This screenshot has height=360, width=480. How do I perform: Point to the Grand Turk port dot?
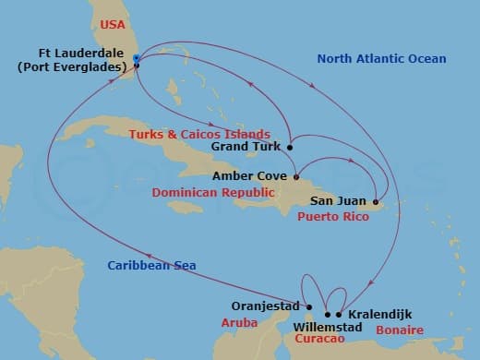(x=290, y=147)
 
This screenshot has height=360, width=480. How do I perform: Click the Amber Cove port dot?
(x=295, y=176)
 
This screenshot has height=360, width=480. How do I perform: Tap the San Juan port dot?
(x=376, y=201)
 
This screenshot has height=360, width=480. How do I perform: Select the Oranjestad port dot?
(x=310, y=307)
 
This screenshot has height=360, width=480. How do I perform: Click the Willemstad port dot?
(x=328, y=315)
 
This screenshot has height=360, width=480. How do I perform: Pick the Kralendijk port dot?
(x=340, y=315)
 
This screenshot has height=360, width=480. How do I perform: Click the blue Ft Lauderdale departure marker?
(x=136, y=58)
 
